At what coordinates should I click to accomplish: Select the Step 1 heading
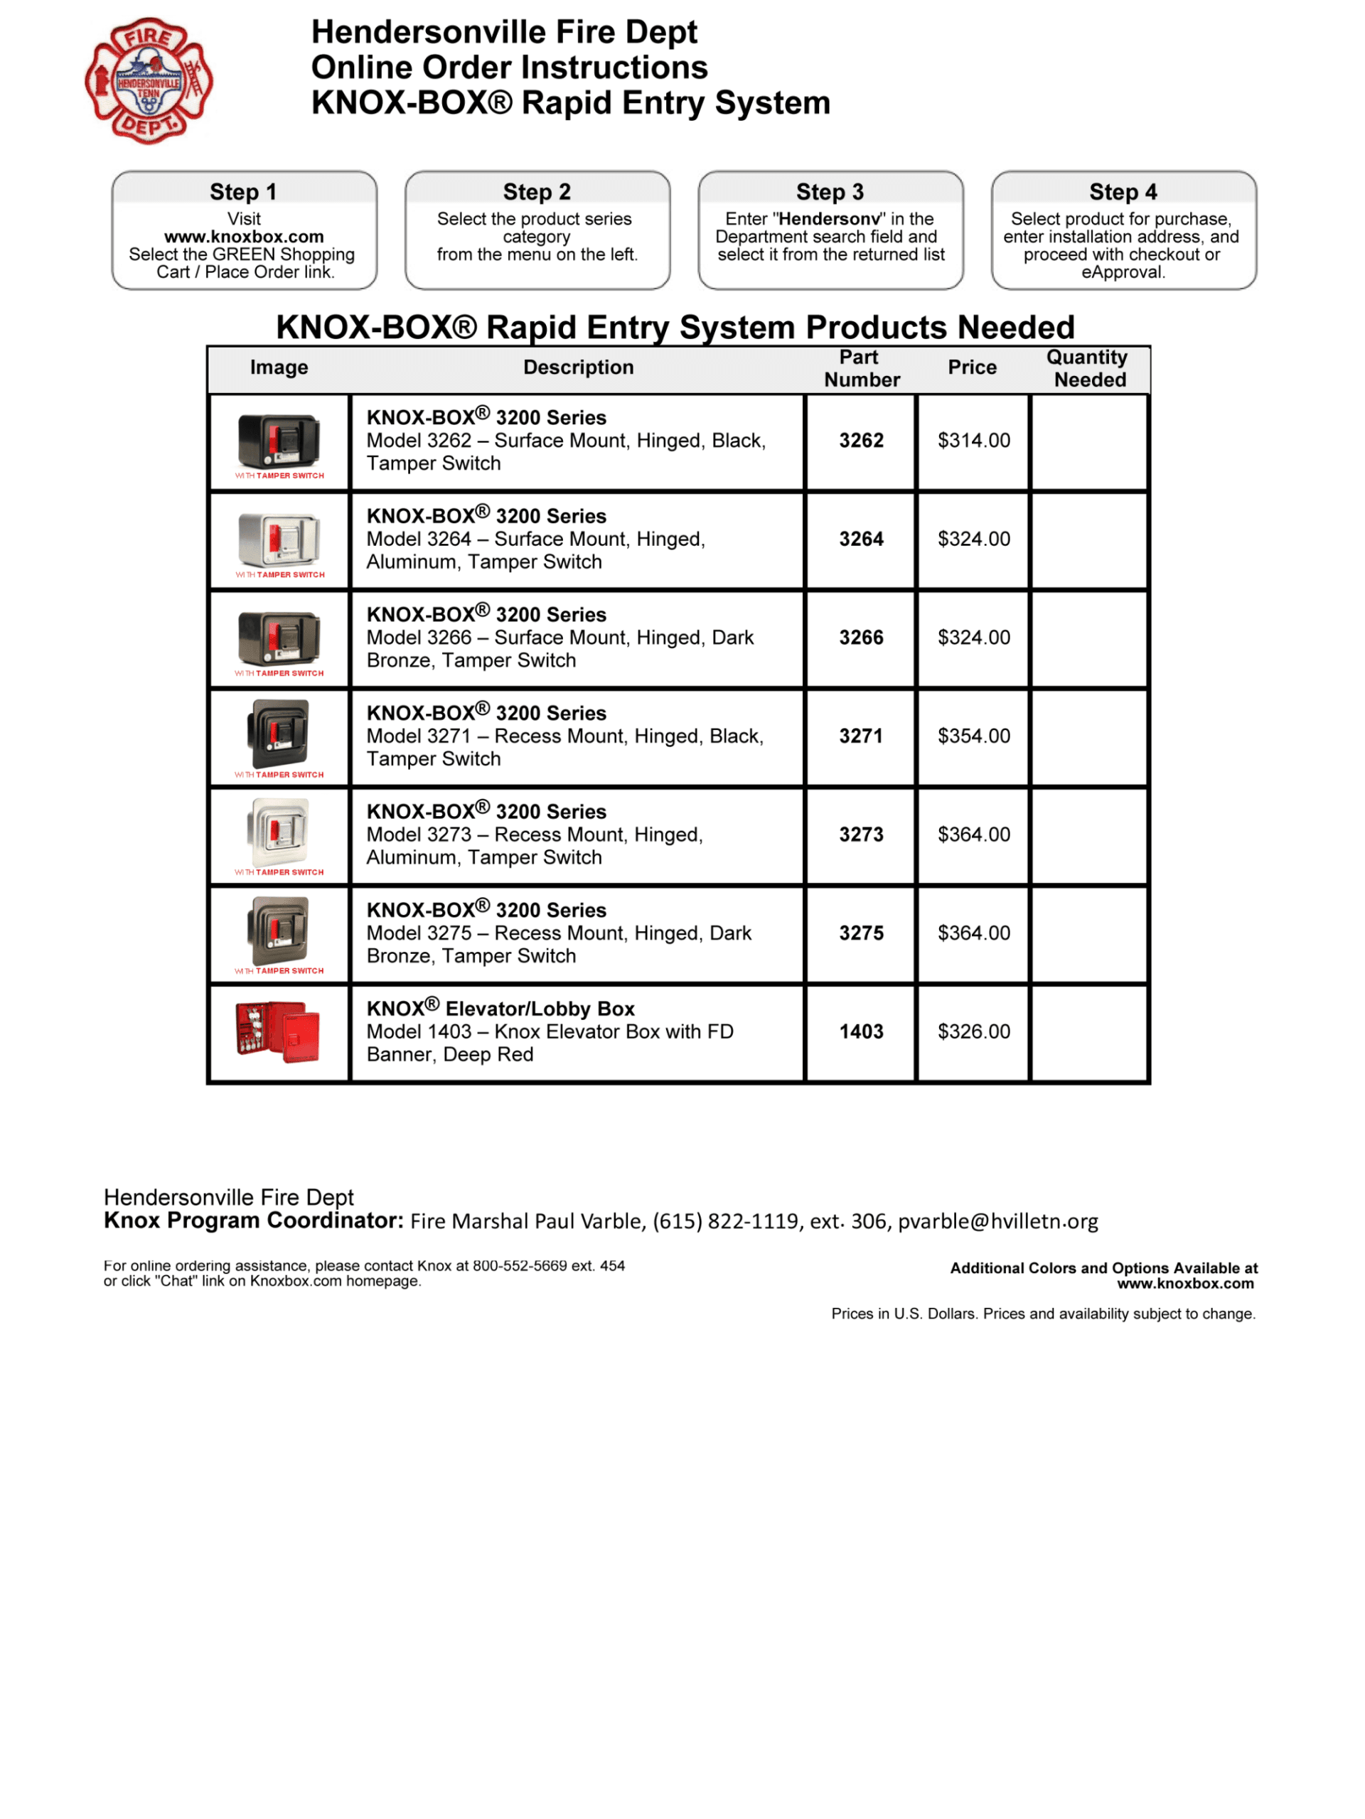(243, 193)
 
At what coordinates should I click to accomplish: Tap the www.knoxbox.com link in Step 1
(245, 237)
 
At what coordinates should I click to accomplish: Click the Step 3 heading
(830, 193)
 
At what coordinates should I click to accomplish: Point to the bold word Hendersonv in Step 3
(829, 220)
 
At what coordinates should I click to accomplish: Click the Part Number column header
(862, 368)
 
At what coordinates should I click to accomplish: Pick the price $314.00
(973, 441)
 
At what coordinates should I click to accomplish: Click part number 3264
(861, 540)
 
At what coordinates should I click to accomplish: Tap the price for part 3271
(973, 737)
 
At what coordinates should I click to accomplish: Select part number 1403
(861, 1032)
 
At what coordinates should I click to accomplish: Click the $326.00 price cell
(973, 1032)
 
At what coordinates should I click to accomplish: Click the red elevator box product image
(278, 1032)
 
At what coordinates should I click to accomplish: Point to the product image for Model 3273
(279, 832)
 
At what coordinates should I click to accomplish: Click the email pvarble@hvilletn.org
(997, 1222)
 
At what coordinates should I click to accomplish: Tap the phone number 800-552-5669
(520, 1267)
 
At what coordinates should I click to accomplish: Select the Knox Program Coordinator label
(253, 1221)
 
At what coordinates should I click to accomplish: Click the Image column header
(279, 367)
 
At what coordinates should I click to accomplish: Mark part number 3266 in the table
(861, 638)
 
